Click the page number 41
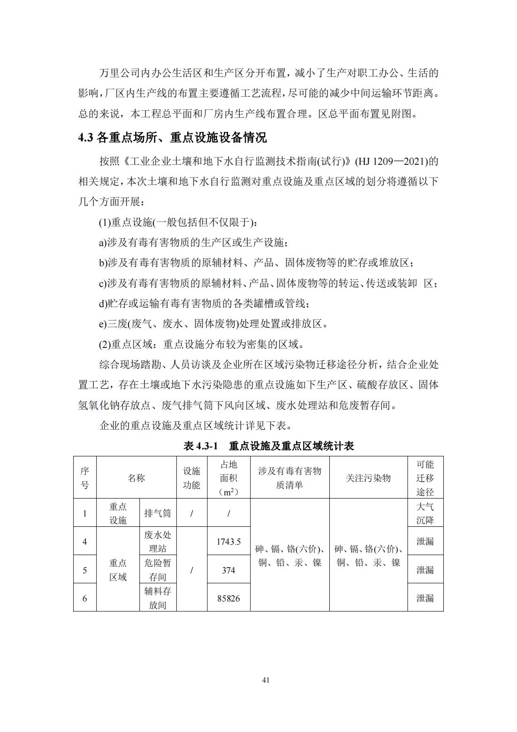tap(266, 680)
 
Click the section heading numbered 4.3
tap(172, 138)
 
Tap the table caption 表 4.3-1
tap(268, 446)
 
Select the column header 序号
tap(84, 478)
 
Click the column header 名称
tap(136, 478)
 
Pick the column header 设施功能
tap(191, 478)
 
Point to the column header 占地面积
tap(228, 478)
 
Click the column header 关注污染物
tap(368, 478)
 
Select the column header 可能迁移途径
tap(425, 478)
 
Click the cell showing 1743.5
tap(228, 541)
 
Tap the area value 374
tap(228, 570)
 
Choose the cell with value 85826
tap(228, 598)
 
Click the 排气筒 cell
tap(158, 513)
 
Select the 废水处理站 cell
tap(158, 541)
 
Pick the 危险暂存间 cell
tap(158, 570)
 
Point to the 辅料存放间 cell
tap(158, 598)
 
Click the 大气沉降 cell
tap(425, 513)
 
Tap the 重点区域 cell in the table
tap(118, 570)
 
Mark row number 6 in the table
tap(84, 598)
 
